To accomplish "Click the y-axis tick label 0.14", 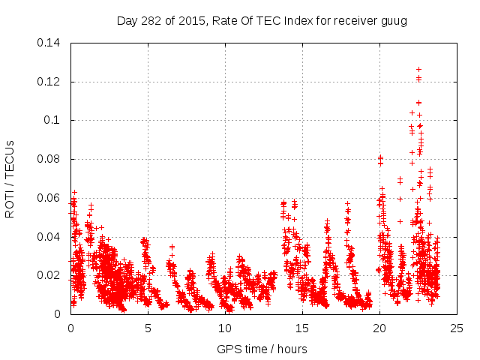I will point(50,42).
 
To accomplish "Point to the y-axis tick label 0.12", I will point(50,81).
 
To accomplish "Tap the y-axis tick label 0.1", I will point(53,120).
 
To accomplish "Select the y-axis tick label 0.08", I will point(50,159).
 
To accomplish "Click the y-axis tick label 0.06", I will point(50,198).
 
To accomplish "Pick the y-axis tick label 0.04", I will point(50,237).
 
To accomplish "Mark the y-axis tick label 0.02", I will point(50,275).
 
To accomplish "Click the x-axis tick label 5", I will point(148,328).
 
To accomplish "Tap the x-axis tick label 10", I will point(225,328).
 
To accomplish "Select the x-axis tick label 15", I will point(302,328).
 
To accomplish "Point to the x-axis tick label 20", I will point(379,328).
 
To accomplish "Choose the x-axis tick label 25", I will point(457,328).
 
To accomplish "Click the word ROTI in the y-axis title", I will point(10,203).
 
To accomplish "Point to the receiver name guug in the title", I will point(393,20).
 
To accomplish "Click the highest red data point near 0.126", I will point(418,69).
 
